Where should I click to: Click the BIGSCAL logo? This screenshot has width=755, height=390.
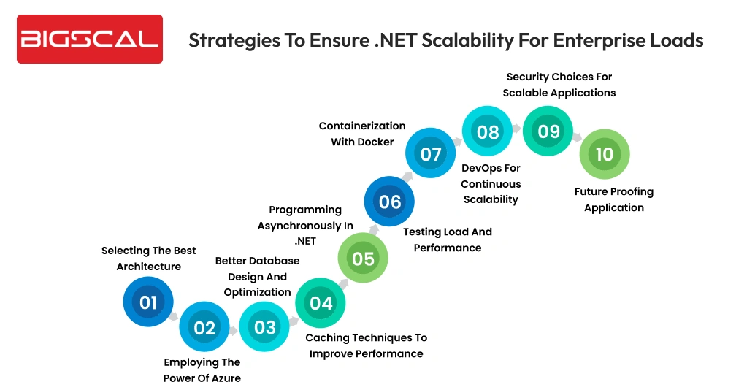coord(89,39)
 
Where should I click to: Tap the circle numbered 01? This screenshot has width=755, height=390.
coord(148,302)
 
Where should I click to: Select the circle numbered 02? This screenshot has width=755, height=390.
coord(204,327)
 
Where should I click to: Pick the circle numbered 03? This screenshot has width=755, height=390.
coord(264,326)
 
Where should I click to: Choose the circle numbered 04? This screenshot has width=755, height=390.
coord(321,302)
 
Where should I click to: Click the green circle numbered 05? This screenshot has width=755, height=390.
coord(363,258)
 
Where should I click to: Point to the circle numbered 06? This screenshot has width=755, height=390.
coord(390,201)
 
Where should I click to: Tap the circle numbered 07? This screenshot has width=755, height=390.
coord(431,154)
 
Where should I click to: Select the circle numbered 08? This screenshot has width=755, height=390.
coord(487,131)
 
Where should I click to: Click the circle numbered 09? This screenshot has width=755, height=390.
coord(548,131)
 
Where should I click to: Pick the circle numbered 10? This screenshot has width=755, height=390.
coord(604,154)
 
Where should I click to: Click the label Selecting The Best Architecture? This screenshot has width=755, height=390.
coord(149,259)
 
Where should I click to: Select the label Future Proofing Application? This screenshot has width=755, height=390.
coord(614,199)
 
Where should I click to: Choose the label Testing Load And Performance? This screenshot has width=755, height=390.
coord(448,240)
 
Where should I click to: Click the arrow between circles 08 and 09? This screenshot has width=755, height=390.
coord(518,129)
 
